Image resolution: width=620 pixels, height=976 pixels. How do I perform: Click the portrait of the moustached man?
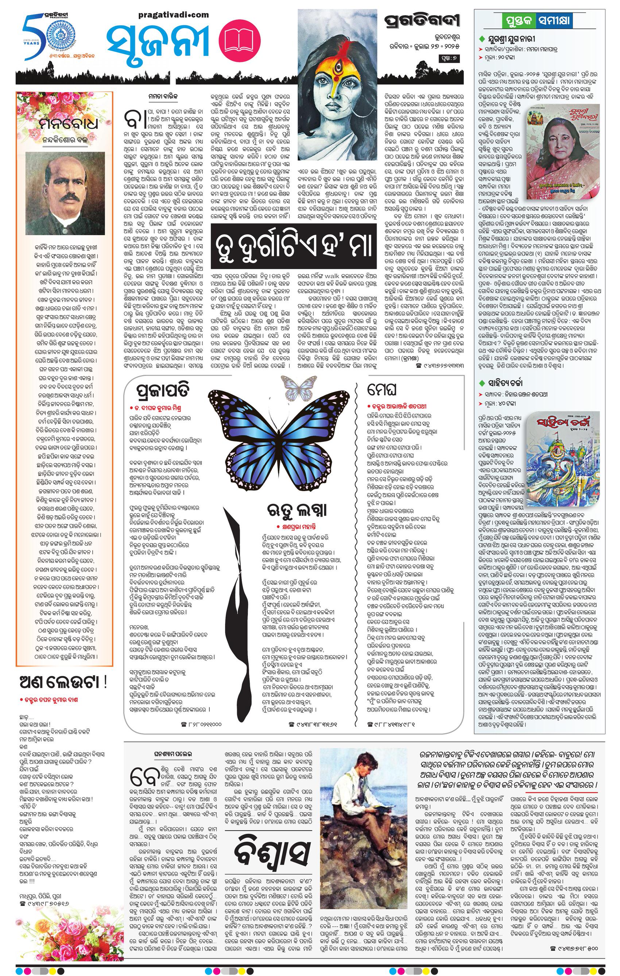tap(65, 193)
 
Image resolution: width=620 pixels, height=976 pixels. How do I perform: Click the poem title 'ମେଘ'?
tap(381, 390)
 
